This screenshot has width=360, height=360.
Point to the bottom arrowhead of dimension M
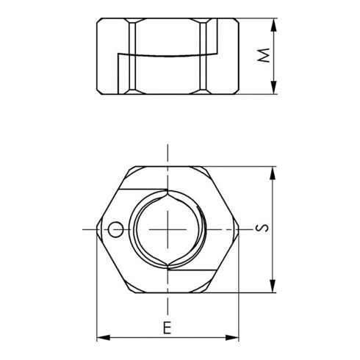pyautogui.click(x=275, y=89)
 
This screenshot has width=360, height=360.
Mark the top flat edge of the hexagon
pyautogui.click(x=169, y=166)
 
